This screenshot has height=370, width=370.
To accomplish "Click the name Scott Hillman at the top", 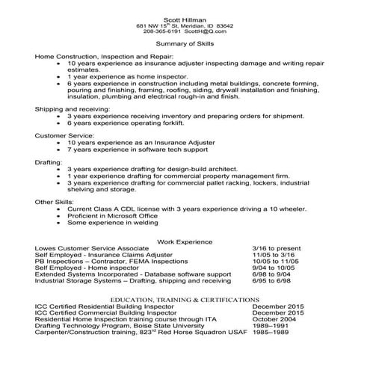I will click(185, 19).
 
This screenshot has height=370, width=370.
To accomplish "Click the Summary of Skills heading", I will click(184, 45).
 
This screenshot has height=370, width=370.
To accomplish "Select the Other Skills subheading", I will click(55, 201).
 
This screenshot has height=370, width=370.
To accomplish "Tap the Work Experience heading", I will click(185, 241).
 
